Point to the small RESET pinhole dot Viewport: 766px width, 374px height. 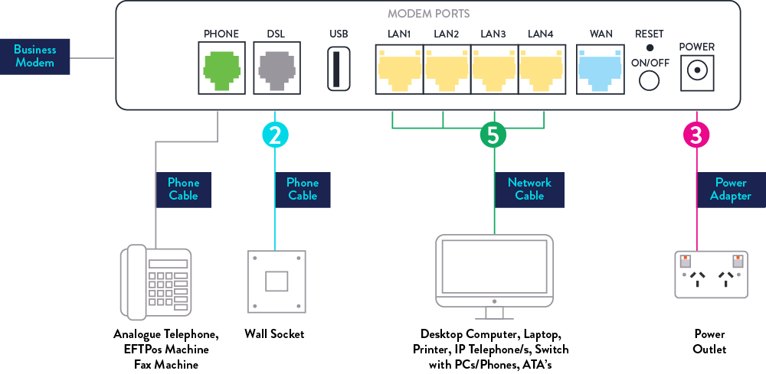[650, 48]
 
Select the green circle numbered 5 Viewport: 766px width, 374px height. [493, 135]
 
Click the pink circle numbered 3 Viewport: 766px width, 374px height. [696, 135]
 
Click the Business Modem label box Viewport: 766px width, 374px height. [35, 56]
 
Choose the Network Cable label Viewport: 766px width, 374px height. [529, 189]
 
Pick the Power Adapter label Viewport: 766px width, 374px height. [731, 189]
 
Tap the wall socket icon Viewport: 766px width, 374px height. [275, 281]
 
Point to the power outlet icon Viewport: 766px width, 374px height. [709, 273]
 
